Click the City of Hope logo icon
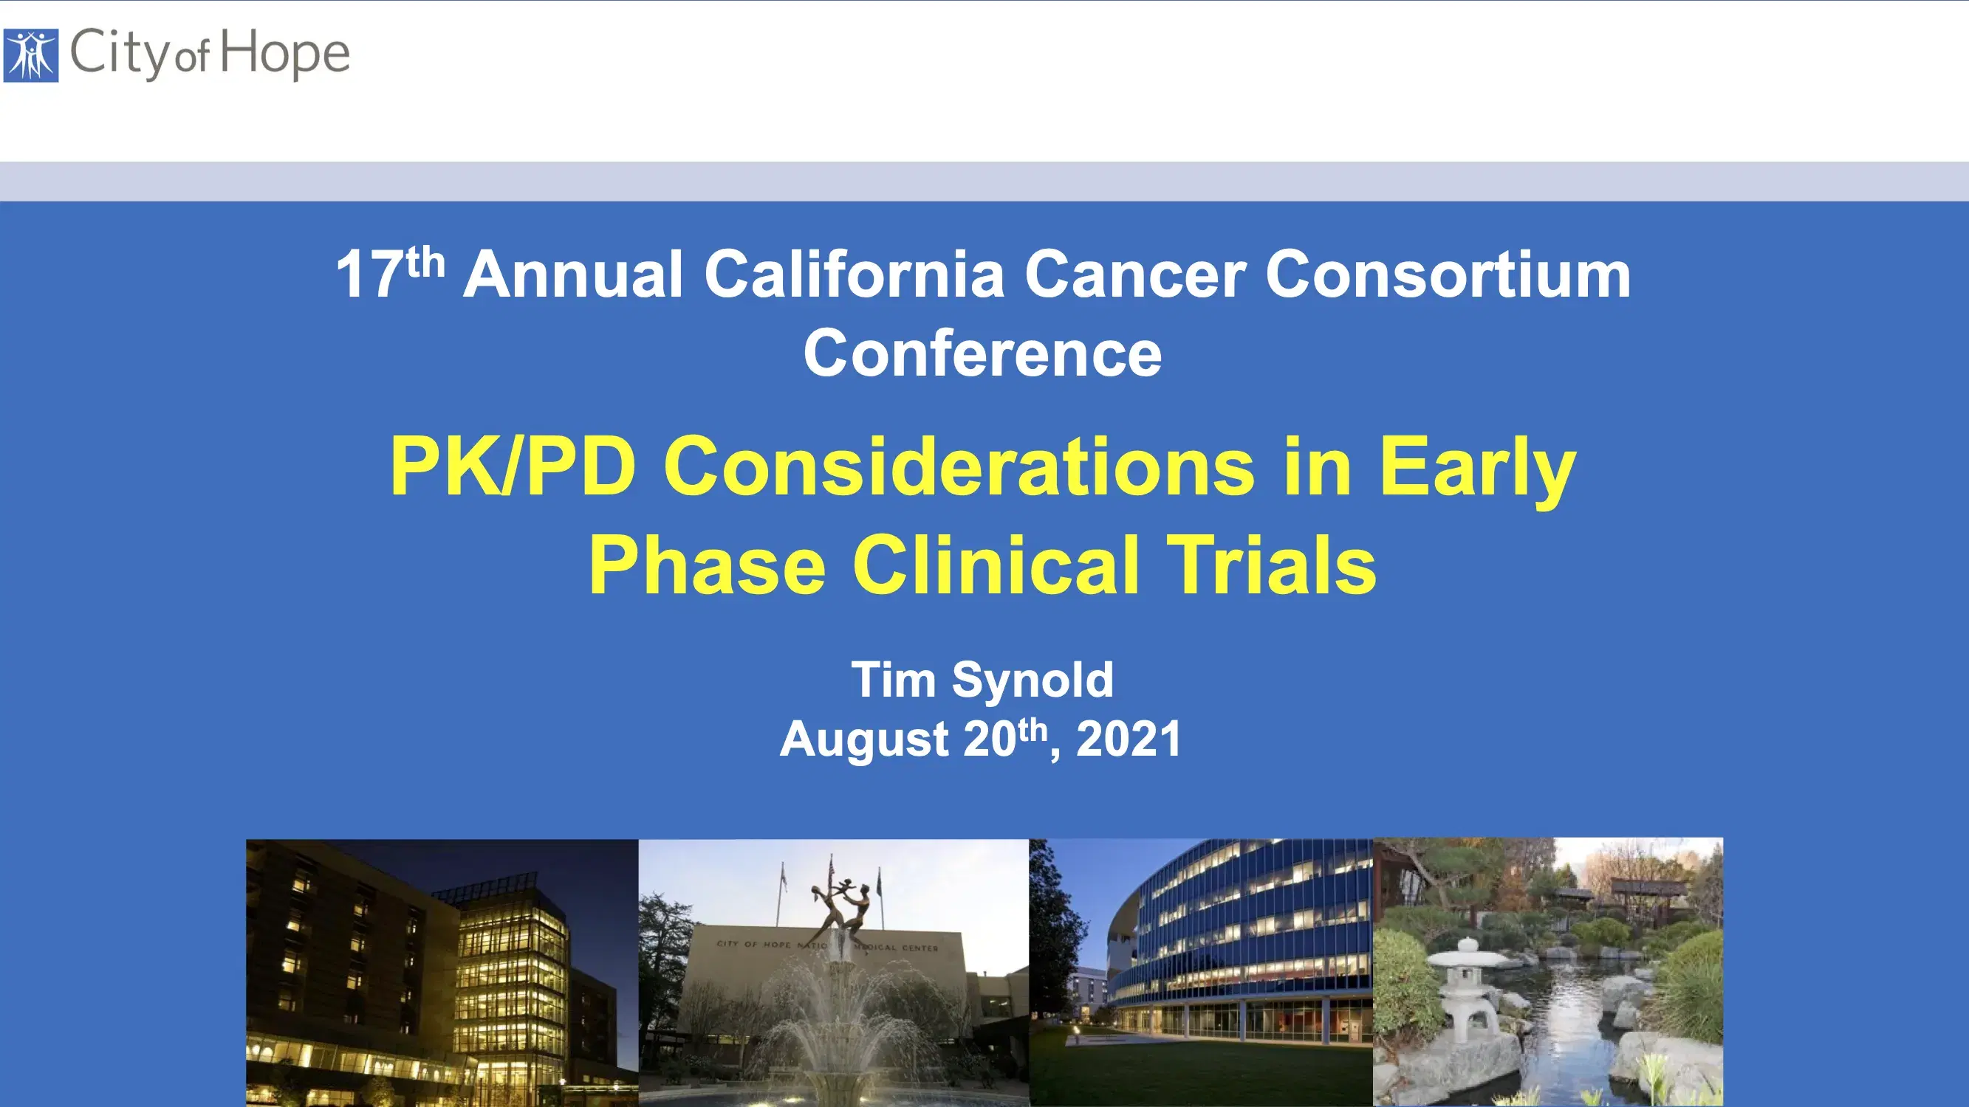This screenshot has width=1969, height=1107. coord(30,55)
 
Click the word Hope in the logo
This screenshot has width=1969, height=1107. coord(285,53)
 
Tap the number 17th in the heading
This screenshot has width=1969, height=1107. coord(390,274)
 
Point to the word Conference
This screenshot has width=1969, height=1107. coord(982,354)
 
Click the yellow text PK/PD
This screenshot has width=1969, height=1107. coord(512,466)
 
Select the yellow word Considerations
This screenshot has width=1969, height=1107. coord(959,466)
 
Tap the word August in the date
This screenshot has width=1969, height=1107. coord(863,739)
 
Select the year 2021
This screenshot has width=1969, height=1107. coord(1129,739)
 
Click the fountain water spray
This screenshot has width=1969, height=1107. coord(837,1024)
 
